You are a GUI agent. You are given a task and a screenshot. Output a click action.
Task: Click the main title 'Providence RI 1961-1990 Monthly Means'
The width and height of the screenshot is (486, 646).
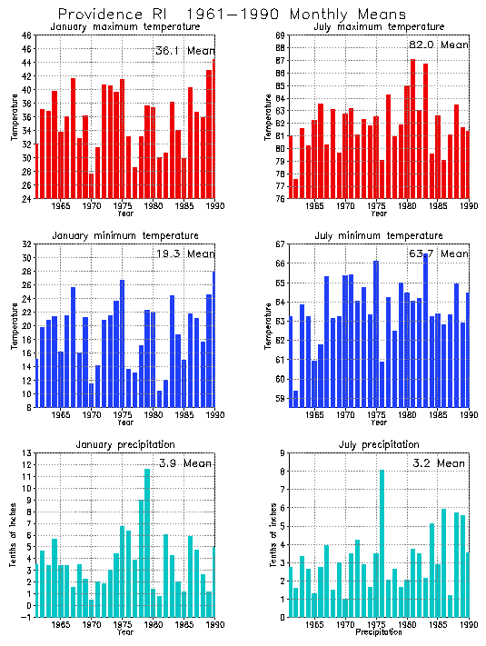pyautogui.click(x=232, y=15)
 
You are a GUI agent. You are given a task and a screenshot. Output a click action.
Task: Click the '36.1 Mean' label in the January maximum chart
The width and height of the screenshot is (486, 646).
pyautogui.click(x=184, y=50)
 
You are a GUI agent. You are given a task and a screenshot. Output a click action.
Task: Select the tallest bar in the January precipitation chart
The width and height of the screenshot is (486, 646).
pyautogui.click(x=147, y=542)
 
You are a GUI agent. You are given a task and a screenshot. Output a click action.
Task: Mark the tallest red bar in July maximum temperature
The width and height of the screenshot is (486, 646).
pyautogui.click(x=412, y=128)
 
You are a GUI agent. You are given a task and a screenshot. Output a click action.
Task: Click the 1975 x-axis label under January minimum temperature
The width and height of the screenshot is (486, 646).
pyautogui.click(x=123, y=415)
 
